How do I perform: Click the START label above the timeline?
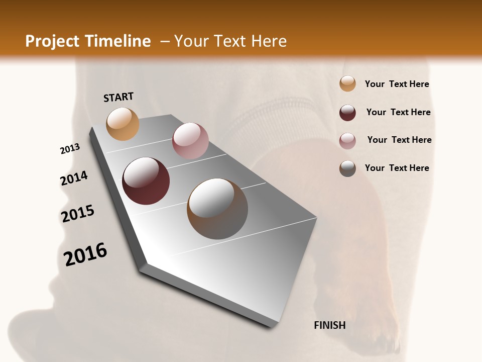coord(118,97)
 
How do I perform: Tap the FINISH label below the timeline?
coord(330,325)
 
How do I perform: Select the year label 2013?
coord(70,149)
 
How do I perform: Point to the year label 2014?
coord(74,178)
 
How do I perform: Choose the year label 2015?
coord(78,214)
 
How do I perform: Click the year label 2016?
coord(85,254)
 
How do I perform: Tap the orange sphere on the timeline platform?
coord(123,124)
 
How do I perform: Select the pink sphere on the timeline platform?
coord(190,141)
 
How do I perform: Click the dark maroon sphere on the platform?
coord(146,181)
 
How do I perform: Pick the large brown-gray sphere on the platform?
coord(217,209)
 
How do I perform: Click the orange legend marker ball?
coord(347,84)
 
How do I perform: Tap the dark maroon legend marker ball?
coord(347,113)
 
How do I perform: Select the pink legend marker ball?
coord(347,141)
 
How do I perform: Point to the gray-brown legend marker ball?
coord(347,168)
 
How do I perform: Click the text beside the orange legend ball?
coord(397,84)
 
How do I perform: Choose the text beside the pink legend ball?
coord(399,140)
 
